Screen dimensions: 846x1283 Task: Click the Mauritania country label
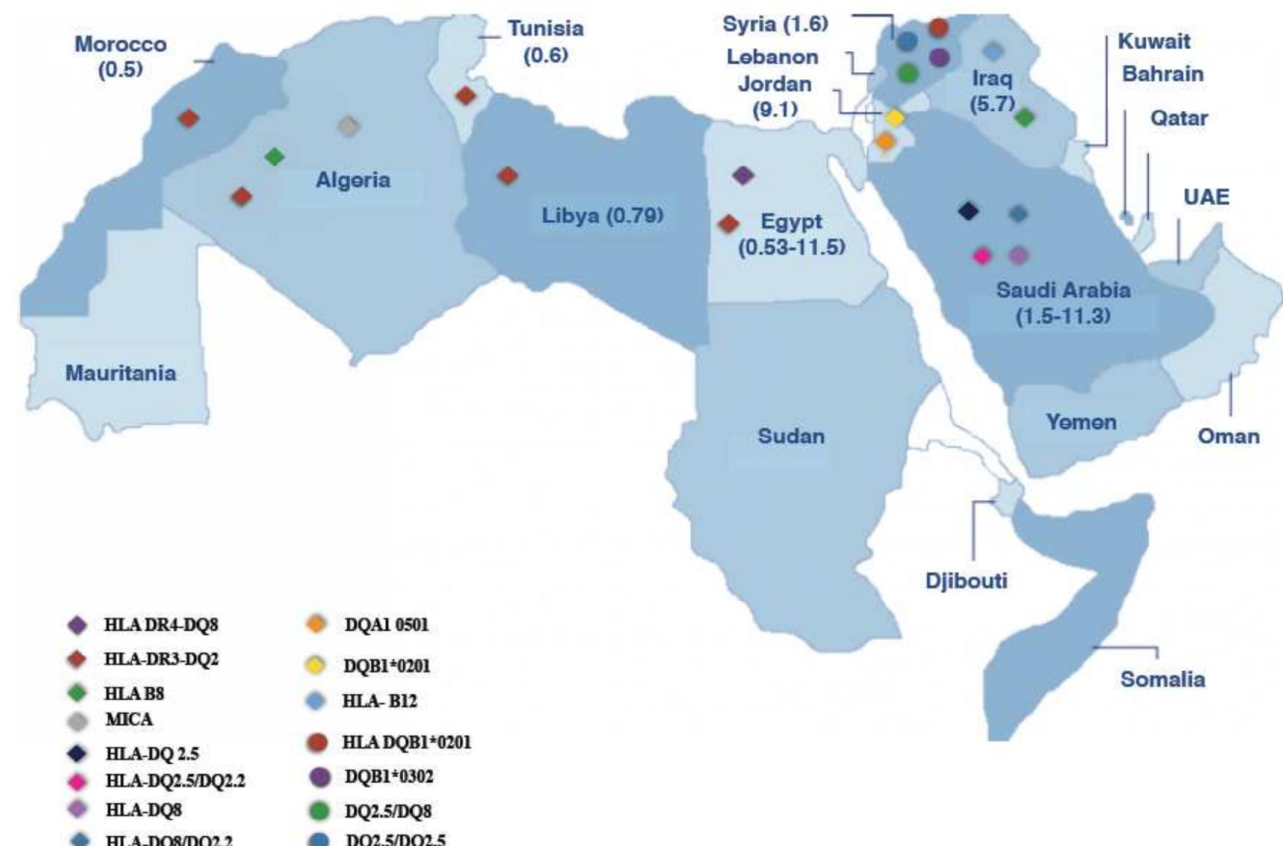[x=120, y=373]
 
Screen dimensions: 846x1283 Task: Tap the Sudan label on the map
[x=791, y=436]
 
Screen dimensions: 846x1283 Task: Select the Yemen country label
[x=1081, y=422]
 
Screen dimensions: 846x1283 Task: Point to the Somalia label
[x=1162, y=679]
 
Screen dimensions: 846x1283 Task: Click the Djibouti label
[x=966, y=581]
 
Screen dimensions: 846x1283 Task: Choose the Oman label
[x=1228, y=436]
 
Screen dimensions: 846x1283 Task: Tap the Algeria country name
[x=353, y=180]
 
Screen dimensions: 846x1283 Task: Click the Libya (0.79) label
[x=602, y=215]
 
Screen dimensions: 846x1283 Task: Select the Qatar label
[x=1179, y=118]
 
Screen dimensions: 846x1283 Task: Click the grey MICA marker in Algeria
[x=348, y=126]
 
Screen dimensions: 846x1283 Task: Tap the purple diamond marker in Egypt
[x=743, y=175]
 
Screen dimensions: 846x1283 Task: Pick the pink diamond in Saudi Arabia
[x=982, y=256]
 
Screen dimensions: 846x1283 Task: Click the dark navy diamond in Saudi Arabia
[x=968, y=211]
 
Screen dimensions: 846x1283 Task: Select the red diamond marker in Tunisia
[x=465, y=95]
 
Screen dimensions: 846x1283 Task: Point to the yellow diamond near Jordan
[x=895, y=118]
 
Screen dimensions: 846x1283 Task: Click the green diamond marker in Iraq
[x=1024, y=117]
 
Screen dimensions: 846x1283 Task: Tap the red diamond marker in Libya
[x=507, y=176]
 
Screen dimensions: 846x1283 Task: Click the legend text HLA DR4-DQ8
[x=161, y=625]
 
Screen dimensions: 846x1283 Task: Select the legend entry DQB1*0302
[x=389, y=777]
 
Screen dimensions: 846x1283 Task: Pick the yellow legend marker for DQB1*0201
[x=316, y=665]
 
